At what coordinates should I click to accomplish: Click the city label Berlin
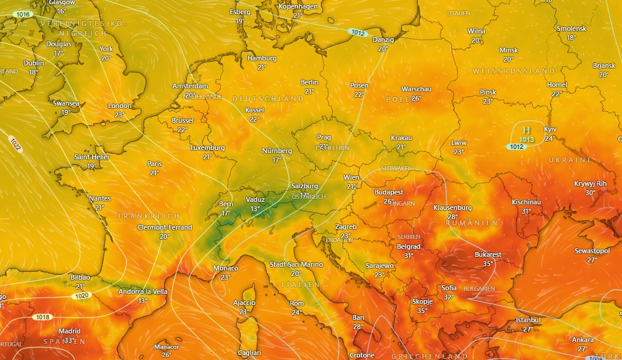tap(310, 82)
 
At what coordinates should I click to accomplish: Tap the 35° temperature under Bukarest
tap(488, 264)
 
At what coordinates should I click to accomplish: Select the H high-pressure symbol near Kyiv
tap(526, 130)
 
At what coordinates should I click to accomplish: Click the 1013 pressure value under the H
tap(526, 140)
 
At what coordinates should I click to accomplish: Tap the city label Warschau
tap(417, 89)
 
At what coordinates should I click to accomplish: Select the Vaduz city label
tap(255, 199)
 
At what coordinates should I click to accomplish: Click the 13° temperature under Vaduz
tap(255, 209)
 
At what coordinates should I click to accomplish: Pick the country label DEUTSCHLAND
tap(268, 99)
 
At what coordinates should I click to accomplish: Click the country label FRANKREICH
tap(149, 216)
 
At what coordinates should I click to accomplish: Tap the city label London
tap(120, 106)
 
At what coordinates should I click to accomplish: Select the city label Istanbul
tap(528, 320)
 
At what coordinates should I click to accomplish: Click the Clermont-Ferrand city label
tap(165, 227)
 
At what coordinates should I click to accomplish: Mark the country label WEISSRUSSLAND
tap(514, 72)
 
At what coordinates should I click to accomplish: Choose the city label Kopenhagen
tap(298, 6)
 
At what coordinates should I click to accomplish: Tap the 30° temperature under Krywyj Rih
tap(590, 193)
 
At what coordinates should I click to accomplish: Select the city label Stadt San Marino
tap(296, 264)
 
